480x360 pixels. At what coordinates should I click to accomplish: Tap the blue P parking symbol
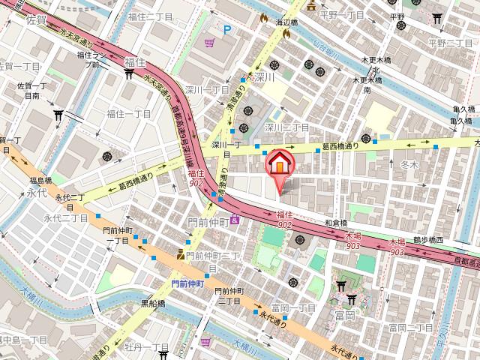point(229,29)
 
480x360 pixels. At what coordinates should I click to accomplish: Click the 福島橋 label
point(40,181)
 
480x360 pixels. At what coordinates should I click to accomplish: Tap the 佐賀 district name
point(35,22)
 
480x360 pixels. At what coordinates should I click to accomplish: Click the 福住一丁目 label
point(128,114)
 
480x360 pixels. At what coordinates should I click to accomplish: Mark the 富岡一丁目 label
point(292,308)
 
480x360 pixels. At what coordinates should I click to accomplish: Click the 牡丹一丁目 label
point(146,347)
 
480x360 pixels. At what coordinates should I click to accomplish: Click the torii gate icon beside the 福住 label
point(128,73)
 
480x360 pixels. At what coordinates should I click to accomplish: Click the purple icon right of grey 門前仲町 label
point(235,219)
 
